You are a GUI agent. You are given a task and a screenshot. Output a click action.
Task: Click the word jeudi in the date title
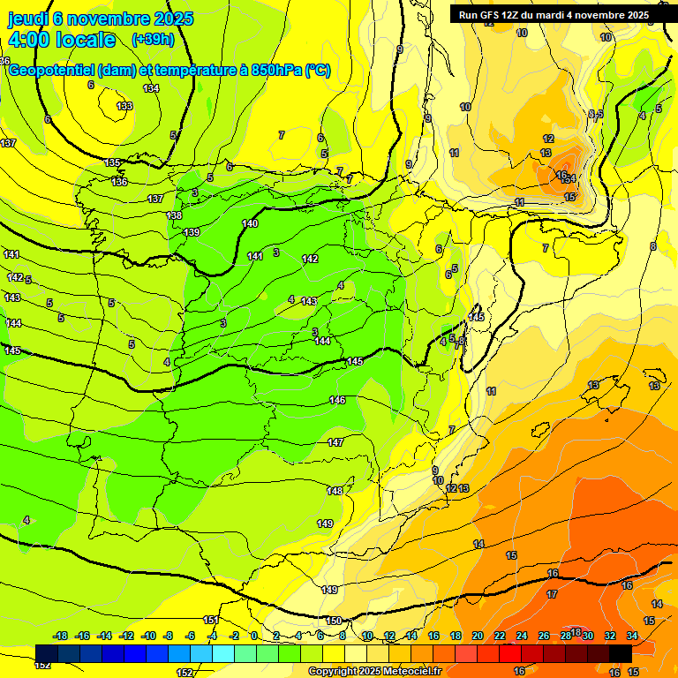[x=27, y=18]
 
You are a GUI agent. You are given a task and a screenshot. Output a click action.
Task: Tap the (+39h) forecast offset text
[x=153, y=39]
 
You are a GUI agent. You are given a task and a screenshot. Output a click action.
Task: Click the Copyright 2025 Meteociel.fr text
[x=374, y=672]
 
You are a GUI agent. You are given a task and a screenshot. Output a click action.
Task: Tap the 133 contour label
[x=124, y=106]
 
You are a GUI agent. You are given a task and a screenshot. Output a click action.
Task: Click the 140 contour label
[x=251, y=223]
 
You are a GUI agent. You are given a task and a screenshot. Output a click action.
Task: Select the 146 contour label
[x=337, y=400]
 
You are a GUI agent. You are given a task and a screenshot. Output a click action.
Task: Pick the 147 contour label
[x=335, y=442]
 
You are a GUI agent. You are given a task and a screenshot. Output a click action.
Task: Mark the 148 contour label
[x=335, y=491]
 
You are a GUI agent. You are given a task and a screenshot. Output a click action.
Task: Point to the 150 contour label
[x=334, y=621]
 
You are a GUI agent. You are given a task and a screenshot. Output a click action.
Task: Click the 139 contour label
[x=192, y=232]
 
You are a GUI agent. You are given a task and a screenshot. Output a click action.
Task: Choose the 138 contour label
[x=174, y=215]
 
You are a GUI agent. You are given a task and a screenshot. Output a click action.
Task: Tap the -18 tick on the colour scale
[x=60, y=636]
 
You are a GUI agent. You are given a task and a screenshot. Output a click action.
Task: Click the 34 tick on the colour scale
[x=632, y=636]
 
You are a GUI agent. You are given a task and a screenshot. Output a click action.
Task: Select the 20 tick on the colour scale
[x=478, y=636]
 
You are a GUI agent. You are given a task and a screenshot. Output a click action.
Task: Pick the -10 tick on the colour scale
[x=148, y=636]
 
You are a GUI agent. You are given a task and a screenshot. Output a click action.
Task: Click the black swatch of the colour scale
[x=620, y=652]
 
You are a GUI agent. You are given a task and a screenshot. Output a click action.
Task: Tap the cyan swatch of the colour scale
[x=222, y=652]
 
